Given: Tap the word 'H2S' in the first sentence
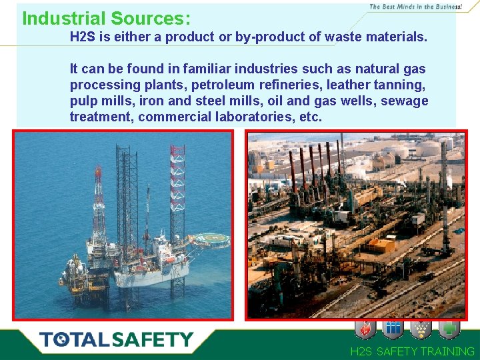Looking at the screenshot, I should (83, 37).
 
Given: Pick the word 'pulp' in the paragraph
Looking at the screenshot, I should (83, 101).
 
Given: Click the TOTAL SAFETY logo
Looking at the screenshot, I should (116, 340).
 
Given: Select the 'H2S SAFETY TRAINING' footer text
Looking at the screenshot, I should (412, 351).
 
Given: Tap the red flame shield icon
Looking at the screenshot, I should (365, 329).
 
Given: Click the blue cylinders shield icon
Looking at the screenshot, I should (393, 329).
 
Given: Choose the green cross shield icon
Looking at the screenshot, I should (449, 329).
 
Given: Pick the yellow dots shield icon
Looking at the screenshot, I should (421, 329).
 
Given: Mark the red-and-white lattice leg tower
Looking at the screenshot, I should (177, 180).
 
